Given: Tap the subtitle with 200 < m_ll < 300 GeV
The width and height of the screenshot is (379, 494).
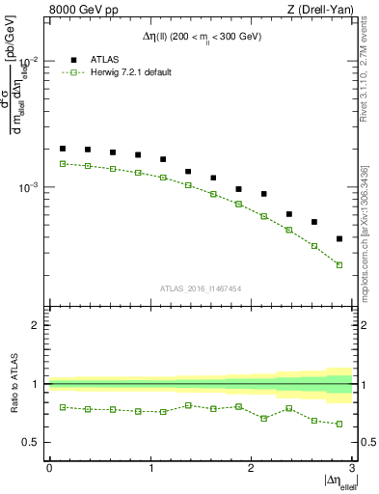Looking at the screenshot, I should [x=201, y=36].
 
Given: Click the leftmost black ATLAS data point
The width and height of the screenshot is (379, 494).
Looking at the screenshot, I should [x=63, y=149].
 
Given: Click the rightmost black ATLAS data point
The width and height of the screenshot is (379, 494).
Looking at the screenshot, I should [x=339, y=238].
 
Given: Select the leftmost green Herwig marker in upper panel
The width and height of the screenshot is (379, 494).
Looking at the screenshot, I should [x=63, y=164].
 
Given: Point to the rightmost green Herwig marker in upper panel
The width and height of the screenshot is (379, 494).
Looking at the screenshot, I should [x=339, y=264].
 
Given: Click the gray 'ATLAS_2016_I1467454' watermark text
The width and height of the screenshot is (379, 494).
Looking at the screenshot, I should [x=201, y=288].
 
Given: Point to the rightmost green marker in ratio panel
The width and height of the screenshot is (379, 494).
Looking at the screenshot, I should [x=339, y=424].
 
